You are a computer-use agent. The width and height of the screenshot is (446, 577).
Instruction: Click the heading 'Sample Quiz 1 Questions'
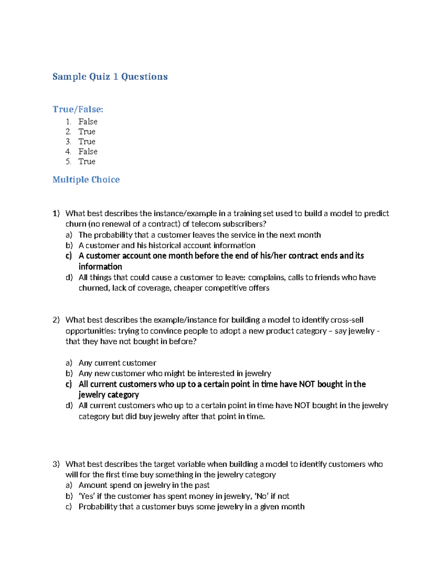pos(110,77)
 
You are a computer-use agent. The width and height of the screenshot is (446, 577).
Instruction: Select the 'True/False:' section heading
pos(78,109)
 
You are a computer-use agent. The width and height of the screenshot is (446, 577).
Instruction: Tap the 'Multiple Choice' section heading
pos(86,179)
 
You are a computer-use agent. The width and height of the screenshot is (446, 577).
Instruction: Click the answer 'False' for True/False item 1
pos(88,121)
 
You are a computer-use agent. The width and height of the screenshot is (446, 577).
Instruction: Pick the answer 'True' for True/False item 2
pos(87,132)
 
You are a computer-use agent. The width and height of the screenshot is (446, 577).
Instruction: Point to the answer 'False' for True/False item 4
pos(88,152)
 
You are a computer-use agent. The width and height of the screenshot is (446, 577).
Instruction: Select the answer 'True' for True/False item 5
pos(87,162)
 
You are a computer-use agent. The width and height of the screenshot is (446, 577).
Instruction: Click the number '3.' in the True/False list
pos(68,142)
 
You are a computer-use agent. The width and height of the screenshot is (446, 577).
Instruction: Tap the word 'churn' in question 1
pos(75,224)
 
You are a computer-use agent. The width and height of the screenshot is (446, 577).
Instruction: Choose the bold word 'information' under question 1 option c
pos(100,267)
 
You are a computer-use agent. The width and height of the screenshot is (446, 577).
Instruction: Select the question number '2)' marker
pos(56,320)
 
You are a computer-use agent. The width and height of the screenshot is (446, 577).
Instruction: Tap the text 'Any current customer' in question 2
pos(117,363)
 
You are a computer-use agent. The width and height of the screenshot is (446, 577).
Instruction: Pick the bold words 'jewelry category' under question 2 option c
pos(109,395)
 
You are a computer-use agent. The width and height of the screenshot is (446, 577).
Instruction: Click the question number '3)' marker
pos(56,464)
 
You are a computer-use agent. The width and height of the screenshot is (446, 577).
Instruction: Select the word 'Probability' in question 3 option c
pos(98,507)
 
